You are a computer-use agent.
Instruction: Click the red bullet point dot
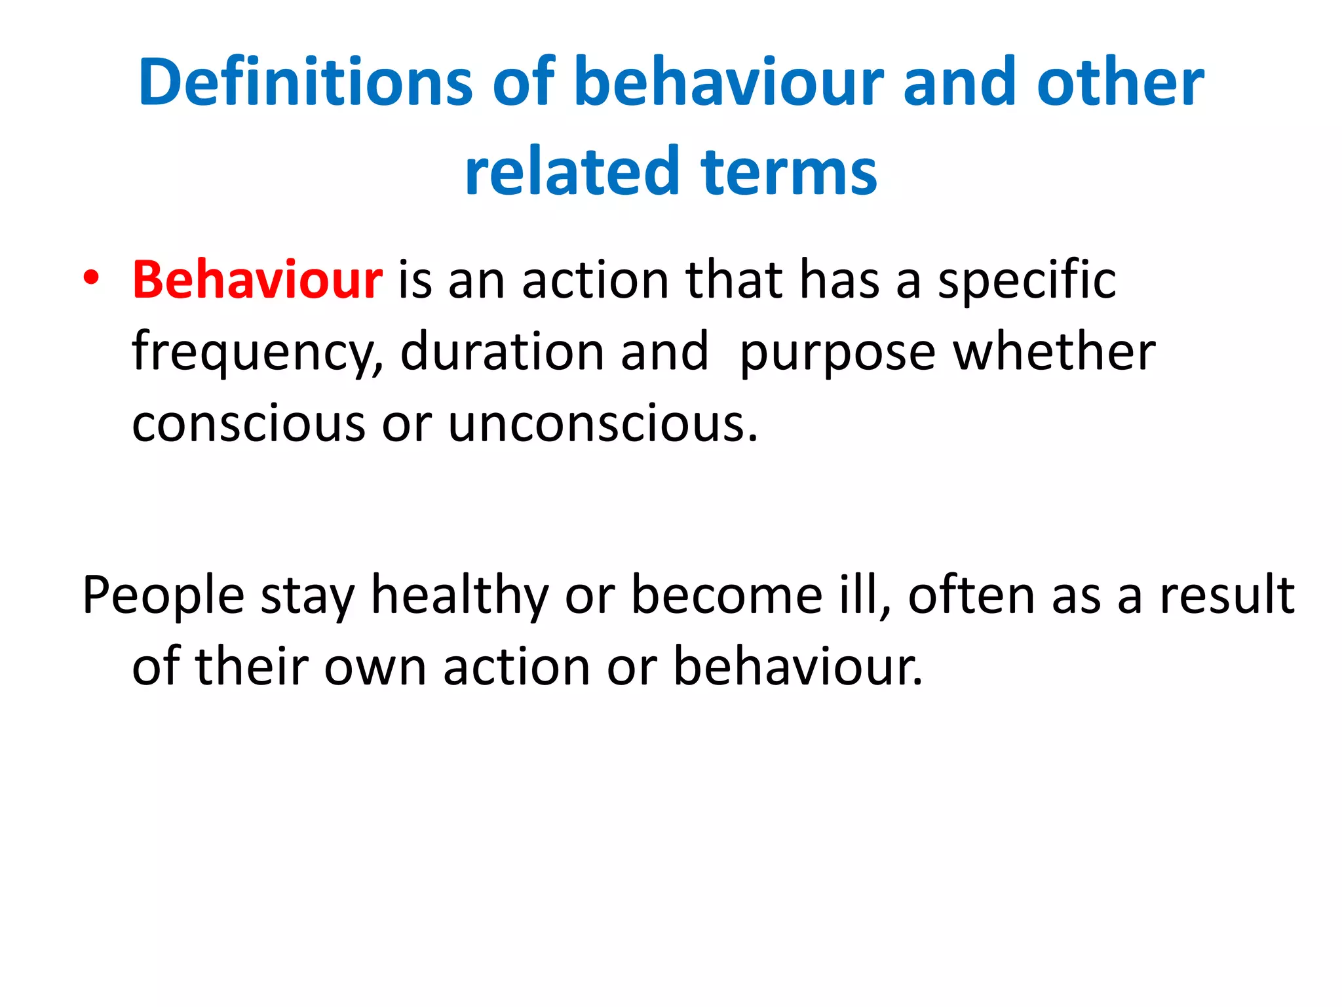click(91, 277)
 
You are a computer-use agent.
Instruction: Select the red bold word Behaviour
click(258, 280)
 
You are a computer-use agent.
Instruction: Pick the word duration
click(503, 352)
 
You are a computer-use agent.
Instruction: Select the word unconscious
click(602, 424)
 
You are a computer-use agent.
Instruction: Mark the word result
click(1227, 595)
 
